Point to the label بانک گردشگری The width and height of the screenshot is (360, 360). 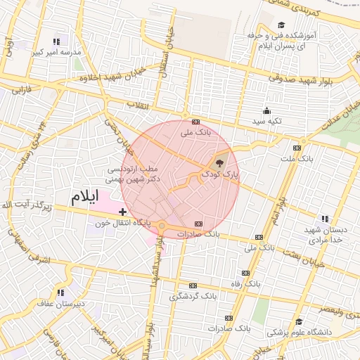click(192, 297)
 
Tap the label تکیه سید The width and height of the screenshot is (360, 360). click(266, 121)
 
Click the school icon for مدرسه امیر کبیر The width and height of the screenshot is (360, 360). click(56, 42)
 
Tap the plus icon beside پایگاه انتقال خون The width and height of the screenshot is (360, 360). click(123, 211)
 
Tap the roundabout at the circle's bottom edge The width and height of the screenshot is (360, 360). click(162, 226)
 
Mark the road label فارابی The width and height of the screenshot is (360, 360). click(25, 90)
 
